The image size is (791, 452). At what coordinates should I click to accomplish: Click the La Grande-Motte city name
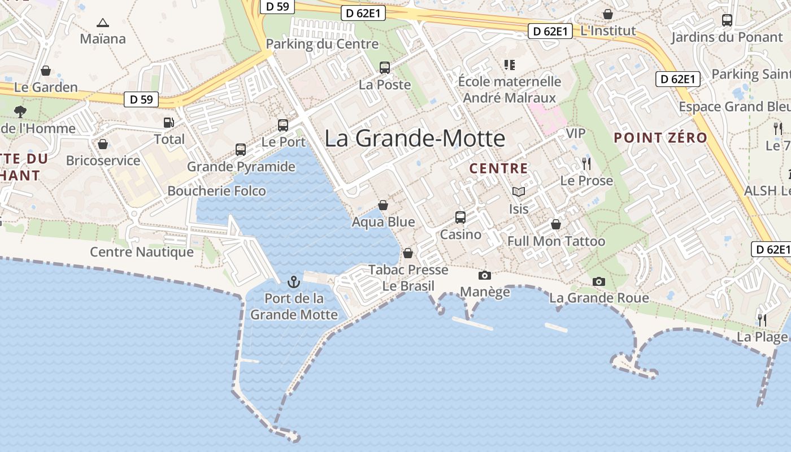(x=415, y=138)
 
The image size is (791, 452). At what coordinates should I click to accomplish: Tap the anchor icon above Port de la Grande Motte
(x=293, y=281)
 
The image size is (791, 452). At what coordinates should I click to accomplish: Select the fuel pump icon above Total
(x=168, y=122)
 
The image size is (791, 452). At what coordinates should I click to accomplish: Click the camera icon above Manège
(x=484, y=276)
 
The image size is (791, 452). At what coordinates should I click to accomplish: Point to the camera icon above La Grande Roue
(x=598, y=281)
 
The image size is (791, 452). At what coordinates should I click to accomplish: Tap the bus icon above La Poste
(x=385, y=68)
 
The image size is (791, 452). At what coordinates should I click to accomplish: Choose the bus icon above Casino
(x=460, y=218)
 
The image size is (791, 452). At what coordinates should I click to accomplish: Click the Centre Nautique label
(x=142, y=252)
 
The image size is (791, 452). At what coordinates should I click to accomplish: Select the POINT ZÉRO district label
(x=660, y=138)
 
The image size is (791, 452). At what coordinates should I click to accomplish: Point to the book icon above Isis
(x=519, y=192)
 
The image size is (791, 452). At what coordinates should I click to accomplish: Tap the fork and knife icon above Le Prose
(x=586, y=164)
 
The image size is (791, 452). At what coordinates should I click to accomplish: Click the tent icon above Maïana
(x=102, y=23)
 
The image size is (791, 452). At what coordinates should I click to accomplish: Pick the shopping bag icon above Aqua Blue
(x=383, y=205)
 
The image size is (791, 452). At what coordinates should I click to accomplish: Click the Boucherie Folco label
(x=216, y=191)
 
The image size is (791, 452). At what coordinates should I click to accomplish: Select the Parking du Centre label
(x=322, y=44)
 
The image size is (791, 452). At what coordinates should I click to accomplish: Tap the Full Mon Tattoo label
(x=556, y=241)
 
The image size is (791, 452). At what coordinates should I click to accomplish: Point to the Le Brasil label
(x=408, y=286)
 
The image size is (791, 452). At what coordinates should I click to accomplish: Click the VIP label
(x=576, y=133)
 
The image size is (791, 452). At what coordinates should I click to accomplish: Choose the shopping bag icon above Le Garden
(x=46, y=71)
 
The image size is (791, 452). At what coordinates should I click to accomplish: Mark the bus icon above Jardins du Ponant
(x=727, y=20)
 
